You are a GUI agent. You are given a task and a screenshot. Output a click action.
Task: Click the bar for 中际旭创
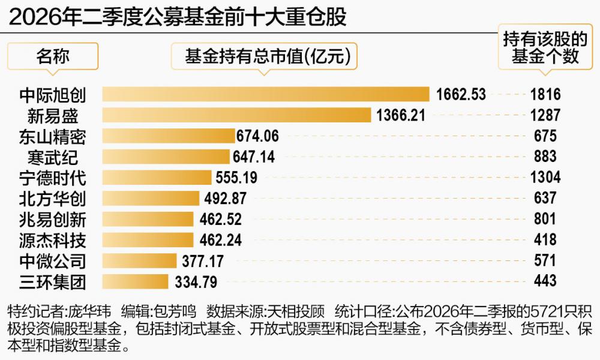pos(266,94)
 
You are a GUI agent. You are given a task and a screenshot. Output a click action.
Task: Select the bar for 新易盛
pos(236,115)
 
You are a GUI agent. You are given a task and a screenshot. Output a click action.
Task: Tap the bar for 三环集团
pos(135,281)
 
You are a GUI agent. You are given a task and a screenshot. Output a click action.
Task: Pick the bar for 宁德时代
pos(157,178)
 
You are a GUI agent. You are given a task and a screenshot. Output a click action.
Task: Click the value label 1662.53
pos(461,94)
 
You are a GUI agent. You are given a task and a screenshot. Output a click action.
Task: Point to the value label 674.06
pos(257,136)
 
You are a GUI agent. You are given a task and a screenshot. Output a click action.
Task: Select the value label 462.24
pos(221,240)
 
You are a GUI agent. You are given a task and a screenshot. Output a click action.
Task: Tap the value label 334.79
pos(196,283)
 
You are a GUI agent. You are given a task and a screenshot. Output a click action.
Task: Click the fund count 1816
pos(545,94)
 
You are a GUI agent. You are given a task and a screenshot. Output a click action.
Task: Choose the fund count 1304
pos(545,178)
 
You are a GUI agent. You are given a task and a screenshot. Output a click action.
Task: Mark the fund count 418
pos(545,240)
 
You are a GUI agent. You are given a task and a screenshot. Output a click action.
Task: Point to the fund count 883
pos(545,157)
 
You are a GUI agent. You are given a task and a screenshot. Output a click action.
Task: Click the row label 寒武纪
pos(53,157)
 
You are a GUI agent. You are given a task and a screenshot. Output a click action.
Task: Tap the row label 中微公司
pos(53,261)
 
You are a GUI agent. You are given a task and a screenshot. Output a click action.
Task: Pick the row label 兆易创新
pos(53,220)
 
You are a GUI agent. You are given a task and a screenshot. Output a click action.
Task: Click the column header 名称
pos(53,56)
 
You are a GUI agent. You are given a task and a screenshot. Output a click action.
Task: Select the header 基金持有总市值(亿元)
pos(268,56)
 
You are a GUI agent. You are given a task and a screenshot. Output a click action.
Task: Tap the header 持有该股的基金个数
pos(545,48)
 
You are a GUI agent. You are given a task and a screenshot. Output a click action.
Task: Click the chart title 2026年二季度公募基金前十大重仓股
pos(178,17)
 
